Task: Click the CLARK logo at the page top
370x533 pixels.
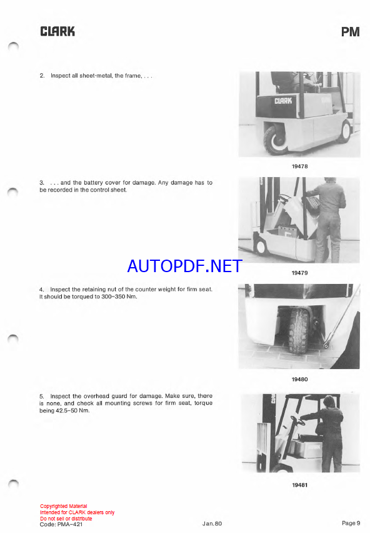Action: [x=57, y=31]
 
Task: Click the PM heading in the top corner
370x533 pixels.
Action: [x=350, y=32]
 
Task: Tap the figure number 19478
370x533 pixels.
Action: [x=300, y=166]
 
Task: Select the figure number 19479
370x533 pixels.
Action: [x=300, y=273]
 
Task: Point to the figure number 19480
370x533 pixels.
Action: [x=300, y=379]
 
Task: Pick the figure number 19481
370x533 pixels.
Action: [x=300, y=485]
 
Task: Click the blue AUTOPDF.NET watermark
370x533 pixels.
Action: [x=184, y=266]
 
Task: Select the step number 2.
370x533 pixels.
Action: [x=42, y=76]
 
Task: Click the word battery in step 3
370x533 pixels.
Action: [x=93, y=183]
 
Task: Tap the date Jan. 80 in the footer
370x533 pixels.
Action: [x=212, y=524]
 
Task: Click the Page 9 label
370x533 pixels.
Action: [x=351, y=523]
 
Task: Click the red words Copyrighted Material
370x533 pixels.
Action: [x=64, y=506]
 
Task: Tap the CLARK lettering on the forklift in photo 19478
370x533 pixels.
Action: [x=283, y=101]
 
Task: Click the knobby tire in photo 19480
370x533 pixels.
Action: [x=298, y=330]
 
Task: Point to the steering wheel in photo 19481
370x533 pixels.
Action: [x=297, y=422]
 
